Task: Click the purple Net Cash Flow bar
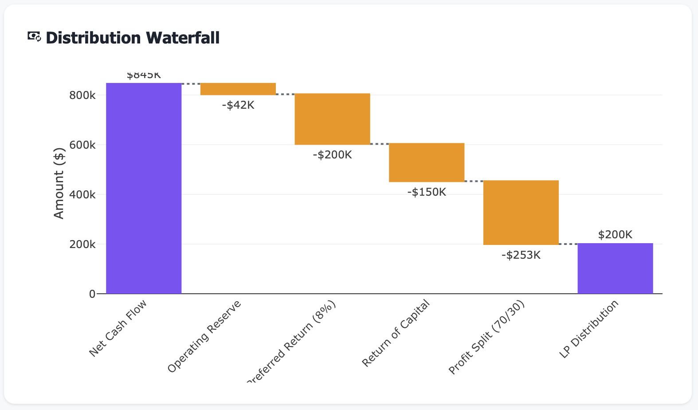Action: [x=144, y=188]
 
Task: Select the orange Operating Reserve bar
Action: [x=238, y=89]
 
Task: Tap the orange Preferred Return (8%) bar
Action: [x=332, y=119]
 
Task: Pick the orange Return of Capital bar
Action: [x=427, y=162]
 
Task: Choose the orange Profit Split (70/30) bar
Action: [x=521, y=212]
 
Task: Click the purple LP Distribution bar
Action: [x=615, y=268]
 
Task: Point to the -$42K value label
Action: [x=238, y=105]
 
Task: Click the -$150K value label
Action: [x=427, y=192]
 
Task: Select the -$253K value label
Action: [x=521, y=255]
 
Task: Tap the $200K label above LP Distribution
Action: [x=615, y=235]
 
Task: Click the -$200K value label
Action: [x=332, y=155]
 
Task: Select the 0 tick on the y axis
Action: [x=92, y=294]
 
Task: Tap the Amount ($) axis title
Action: [x=59, y=183]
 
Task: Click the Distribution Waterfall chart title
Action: [x=132, y=38]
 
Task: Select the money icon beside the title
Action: [x=34, y=37]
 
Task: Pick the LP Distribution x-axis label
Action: [x=589, y=329]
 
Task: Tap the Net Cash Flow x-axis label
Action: [x=118, y=328]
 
